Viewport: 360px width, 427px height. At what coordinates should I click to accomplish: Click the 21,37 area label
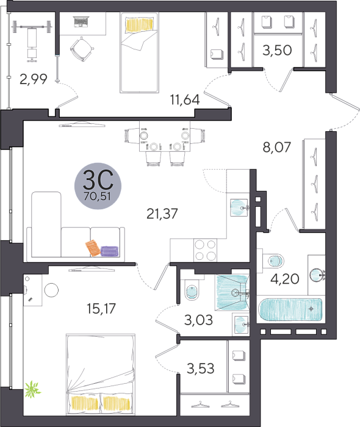pos(162,213)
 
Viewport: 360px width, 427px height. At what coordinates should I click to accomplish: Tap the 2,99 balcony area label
pos(34,79)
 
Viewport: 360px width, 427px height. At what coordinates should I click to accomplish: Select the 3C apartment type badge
pos(98,186)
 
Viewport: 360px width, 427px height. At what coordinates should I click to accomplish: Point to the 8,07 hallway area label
pos(276,148)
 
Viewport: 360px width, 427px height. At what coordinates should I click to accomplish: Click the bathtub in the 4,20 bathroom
pos(290,309)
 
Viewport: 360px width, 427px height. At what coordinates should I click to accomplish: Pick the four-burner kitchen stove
pos(206,251)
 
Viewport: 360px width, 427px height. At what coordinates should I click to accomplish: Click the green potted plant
pos(32,390)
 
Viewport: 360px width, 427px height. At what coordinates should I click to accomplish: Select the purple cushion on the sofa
pos(109,251)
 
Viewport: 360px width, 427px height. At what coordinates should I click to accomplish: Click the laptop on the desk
pos(81,22)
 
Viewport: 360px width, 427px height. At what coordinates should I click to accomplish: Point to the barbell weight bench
pos(32,41)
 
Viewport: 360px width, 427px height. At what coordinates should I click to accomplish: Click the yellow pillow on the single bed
pos(139,25)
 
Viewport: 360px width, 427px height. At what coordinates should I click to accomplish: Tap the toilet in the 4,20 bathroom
pos(273,261)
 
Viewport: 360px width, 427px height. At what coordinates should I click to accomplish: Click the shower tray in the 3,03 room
pos(232,292)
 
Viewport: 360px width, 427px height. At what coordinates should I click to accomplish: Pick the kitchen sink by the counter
pos(239,208)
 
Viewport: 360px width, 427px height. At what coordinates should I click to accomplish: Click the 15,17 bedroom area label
pos(101,309)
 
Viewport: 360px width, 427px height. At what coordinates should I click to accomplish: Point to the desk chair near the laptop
pos(82,49)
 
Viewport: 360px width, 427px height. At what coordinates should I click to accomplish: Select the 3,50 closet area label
pos(277,51)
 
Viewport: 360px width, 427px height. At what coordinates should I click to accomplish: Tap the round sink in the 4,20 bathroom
pos(317,274)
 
